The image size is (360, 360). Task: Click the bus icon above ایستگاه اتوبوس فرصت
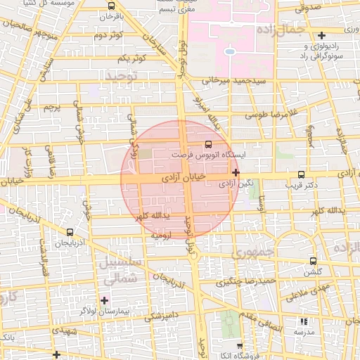coord(198,143)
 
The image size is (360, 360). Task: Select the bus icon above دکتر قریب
coord(302,174)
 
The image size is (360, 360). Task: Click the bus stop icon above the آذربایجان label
coord(70,231)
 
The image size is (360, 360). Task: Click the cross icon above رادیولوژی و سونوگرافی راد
coord(322,35)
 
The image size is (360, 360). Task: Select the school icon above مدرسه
coord(304,321)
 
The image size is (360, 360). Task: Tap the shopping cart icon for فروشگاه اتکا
coord(240,346)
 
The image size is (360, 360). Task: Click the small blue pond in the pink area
coord(229,51)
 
